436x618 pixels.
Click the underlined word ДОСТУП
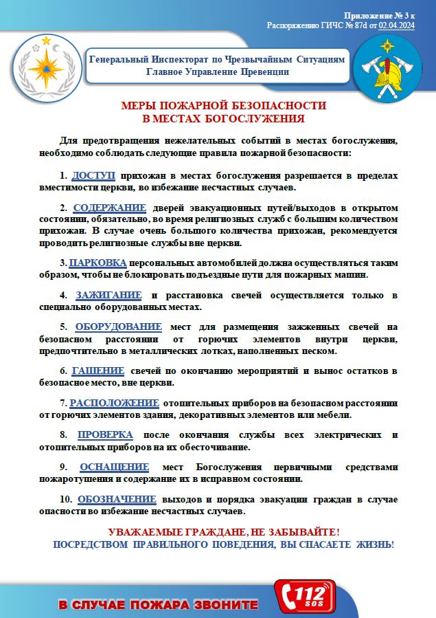pyautogui.click(x=93, y=176)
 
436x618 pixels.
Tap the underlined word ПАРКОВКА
pyautogui.click(x=97, y=263)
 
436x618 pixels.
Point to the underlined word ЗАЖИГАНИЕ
pyautogui.click(x=108, y=295)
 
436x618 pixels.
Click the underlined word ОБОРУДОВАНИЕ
pyautogui.click(x=118, y=327)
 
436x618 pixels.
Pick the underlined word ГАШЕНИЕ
pyautogui.click(x=97, y=371)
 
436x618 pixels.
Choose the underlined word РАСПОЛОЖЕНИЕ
pyautogui.click(x=114, y=403)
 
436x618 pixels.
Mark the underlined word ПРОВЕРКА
pyautogui.click(x=105, y=434)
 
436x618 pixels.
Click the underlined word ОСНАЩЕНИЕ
pyautogui.click(x=114, y=467)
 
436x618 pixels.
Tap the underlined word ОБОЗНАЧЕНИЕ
pyautogui.click(x=117, y=499)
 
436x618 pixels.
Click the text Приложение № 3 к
pyautogui.click(x=379, y=15)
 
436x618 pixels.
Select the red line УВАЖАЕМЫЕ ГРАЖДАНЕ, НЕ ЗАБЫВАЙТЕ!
pyautogui.click(x=224, y=533)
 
